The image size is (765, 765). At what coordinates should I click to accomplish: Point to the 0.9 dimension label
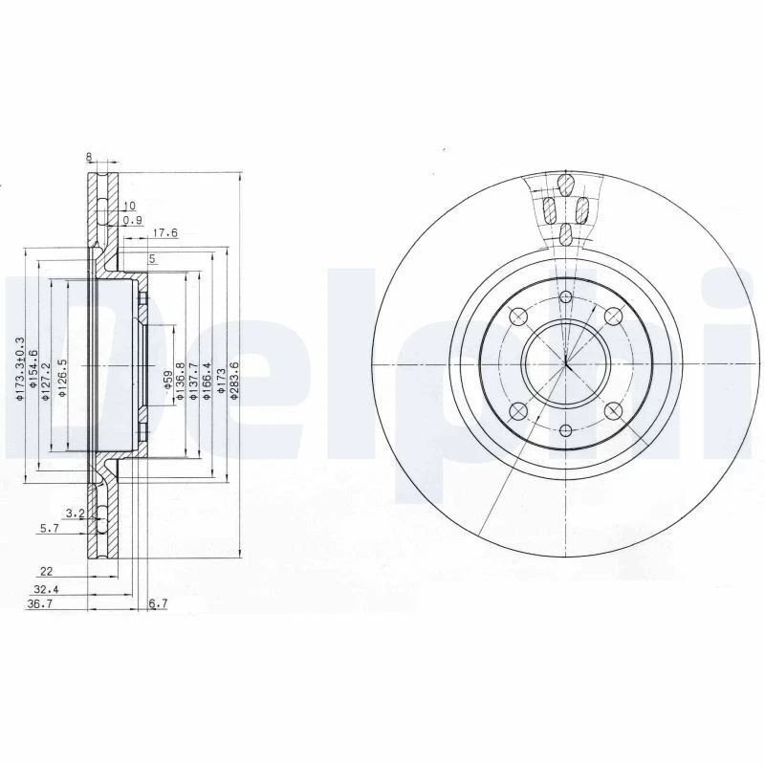pos(133,220)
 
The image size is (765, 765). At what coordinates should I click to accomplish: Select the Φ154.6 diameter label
pos(33,368)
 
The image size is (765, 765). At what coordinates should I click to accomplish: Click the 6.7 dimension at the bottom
pos(159,604)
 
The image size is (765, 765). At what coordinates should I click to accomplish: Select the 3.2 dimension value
pos(74,514)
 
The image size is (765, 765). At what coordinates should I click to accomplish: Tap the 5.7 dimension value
pos(51,527)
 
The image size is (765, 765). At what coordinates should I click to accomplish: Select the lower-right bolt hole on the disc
pos(614,411)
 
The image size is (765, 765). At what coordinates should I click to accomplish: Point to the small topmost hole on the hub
pos(566,297)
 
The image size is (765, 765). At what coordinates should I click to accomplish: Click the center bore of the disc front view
pos(566,363)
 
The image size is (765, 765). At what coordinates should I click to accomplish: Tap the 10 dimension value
pos(130,205)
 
